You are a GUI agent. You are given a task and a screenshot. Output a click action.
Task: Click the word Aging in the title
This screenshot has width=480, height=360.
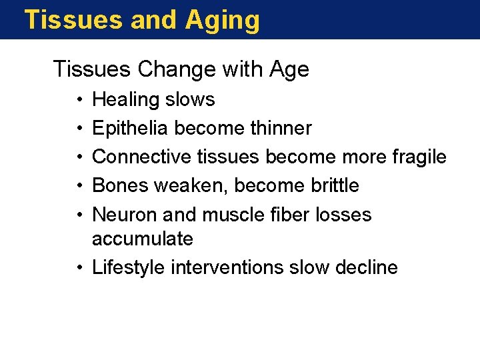[x=222, y=20]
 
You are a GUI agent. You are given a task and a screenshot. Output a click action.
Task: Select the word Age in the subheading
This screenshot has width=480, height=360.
[x=289, y=69]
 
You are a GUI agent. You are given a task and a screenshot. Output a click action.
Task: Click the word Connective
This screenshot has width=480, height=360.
[x=142, y=157]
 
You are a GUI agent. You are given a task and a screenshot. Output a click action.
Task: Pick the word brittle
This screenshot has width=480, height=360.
[x=335, y=185]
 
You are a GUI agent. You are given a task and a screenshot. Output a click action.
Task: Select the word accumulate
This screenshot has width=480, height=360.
[x=142, y=239]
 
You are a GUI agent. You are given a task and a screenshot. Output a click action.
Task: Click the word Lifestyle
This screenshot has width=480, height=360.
[x=129, y=268]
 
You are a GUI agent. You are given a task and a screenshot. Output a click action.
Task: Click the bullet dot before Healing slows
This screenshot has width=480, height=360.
[x=79, y=100]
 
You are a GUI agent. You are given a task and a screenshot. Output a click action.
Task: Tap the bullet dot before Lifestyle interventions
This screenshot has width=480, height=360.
[x=79, y=268]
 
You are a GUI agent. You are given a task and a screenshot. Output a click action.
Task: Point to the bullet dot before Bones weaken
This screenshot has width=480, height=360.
[x=79, y=185]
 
